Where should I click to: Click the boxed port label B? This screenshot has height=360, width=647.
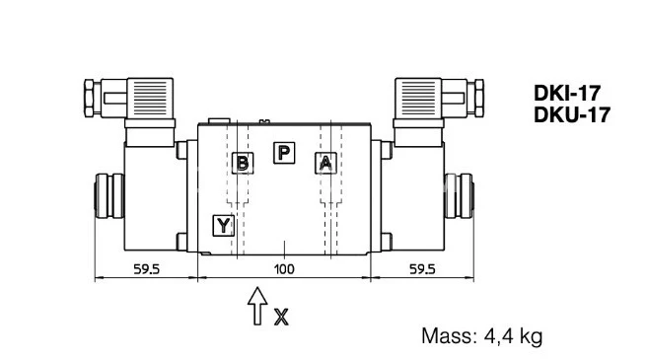(x=243, y=163)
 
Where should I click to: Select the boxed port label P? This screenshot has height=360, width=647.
(x=284, y=153)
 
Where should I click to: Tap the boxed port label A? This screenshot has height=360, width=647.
(x=325, y=163)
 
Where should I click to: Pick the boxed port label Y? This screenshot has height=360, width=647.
(x=223, y=226)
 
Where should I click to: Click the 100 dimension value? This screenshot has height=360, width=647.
(x=284, y=269)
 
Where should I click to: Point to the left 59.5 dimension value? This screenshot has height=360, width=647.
(x=146, y=269)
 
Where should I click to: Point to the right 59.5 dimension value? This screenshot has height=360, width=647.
(x=422, y=269)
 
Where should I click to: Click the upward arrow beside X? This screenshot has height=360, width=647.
(x=257, y=306)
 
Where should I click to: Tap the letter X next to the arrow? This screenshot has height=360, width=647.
(x=281, y=317)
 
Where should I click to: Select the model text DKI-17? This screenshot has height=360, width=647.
(x=566, y=94)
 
